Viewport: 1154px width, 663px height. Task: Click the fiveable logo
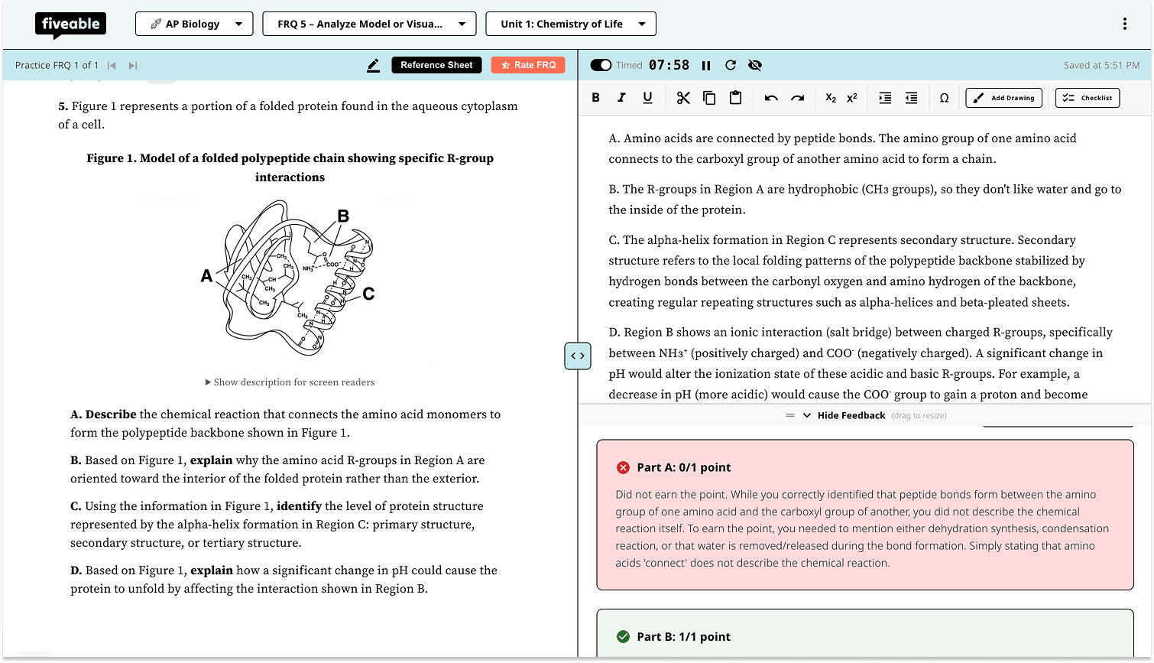click(70, 24)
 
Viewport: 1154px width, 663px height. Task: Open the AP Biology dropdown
click(193, 24)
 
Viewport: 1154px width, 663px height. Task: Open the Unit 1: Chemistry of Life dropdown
click(570, 24)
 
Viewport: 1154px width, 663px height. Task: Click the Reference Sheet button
click(436, 65)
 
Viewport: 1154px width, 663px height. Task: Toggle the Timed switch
click(601, 66)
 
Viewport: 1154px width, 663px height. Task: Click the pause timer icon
click(706, 66)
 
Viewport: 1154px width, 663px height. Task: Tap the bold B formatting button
click(596, 98)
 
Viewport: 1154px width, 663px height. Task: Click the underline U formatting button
click(647, 98)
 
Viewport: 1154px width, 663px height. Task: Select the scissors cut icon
click(683, 98)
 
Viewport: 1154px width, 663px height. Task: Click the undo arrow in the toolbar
click(771, 98)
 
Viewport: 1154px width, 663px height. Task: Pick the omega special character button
click(944, 98)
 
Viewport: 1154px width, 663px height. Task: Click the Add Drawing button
click(1003, 98)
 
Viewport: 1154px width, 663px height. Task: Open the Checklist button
click(1087, 98)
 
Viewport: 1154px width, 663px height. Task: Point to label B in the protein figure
click(343, 216)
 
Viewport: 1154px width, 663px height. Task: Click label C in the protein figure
click(368, 294)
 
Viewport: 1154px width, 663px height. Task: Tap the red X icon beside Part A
click(623, 467)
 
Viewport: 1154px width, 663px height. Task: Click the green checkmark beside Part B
click(623, 637)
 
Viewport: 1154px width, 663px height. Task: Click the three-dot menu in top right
click(1124, 24)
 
